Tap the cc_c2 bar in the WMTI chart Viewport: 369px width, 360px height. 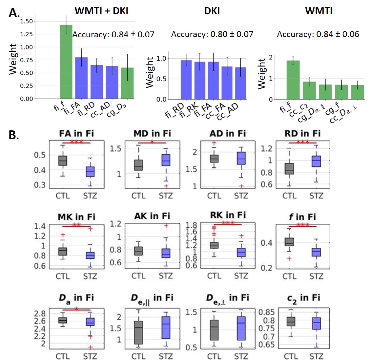(309, 90)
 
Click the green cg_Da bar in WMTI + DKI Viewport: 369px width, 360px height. (127, 83)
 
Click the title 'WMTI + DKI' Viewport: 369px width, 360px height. (101, 11)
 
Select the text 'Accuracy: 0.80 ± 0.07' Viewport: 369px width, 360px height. (212, 34)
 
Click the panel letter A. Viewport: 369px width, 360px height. (14, 13)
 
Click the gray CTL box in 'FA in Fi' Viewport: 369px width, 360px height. (62, 161)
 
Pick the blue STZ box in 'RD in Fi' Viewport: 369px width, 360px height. (316, 161)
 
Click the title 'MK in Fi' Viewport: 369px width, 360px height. (76, 217)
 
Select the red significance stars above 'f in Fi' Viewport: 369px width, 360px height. (303, 225)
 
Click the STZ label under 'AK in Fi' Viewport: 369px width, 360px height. (166, 276)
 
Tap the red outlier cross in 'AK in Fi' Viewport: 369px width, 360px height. (166, 225)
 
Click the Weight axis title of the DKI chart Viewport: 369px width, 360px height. (150, 72)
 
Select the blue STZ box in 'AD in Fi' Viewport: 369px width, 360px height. (241, 158)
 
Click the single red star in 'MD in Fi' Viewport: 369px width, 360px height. (152, 142)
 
